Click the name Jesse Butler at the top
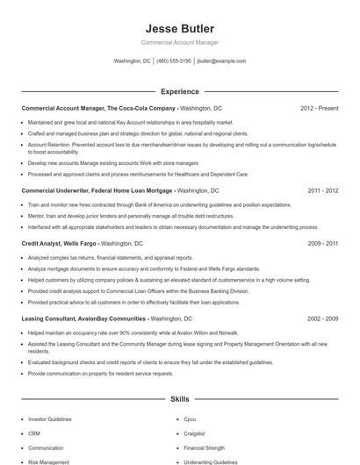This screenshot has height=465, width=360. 179,28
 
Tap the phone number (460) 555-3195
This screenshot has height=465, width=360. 174,61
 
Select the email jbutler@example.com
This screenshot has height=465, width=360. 221,61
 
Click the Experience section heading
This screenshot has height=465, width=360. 179,91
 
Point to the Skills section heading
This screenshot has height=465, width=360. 179,398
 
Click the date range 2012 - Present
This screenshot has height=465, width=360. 319,109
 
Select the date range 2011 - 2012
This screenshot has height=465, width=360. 322,190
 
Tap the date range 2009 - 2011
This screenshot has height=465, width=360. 322,242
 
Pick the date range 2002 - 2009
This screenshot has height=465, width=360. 322,318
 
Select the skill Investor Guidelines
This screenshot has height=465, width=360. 50,419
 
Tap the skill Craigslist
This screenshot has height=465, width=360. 195,433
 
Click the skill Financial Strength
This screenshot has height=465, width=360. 204,447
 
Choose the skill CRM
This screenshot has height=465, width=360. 34,433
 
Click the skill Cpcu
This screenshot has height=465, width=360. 190,419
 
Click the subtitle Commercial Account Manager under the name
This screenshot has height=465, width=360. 179,42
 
